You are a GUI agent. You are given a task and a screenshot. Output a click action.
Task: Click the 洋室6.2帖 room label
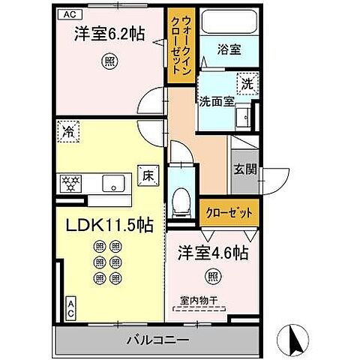(x=109, y=34)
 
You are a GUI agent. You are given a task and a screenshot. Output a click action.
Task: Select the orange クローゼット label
(x=229, y=212)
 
